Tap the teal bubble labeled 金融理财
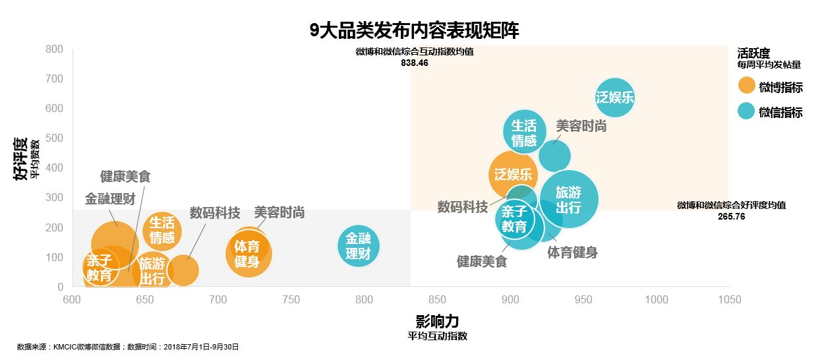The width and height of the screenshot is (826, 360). (x=359, y=246)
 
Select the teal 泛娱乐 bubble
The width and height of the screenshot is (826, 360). (x=614, y=98)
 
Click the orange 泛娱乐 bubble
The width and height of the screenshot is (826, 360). (x=513, y=175)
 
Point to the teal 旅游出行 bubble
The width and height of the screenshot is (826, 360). (x=568, y=200)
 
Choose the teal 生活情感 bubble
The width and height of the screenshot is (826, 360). (x=524, y=133)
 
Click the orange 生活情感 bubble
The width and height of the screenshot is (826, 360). (x=162, y=230)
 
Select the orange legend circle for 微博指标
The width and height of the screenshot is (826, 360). (x=746, y=86)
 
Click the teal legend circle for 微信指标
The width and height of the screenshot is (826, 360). (x=746, y=111)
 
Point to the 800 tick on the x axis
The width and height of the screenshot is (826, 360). (x=364, y=300)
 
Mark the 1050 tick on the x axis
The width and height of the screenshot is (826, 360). (x=729, y=300)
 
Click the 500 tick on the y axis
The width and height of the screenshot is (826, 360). (x=54, y=138)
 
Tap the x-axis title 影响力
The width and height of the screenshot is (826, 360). (x=437, y=321)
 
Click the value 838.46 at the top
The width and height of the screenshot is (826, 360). (x=414, y=63)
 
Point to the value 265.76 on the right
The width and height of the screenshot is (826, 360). (x=731, y=216)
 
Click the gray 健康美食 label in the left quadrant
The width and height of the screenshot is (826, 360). (x=125, y=177)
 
